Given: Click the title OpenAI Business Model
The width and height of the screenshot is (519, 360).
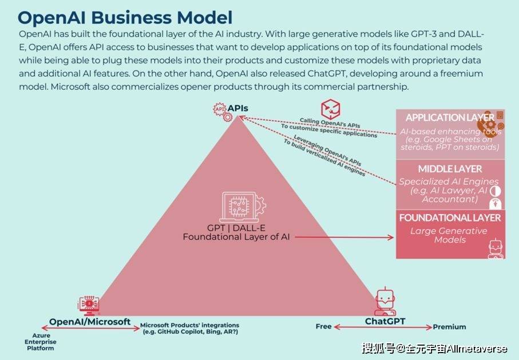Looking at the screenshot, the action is tap(125, 18).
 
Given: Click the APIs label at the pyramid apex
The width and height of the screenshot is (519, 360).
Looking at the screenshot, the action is tap(237, 108).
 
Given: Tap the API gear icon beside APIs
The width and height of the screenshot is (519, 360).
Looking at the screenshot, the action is tap(223, 112).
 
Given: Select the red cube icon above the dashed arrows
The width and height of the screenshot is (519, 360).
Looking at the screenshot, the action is tap(330, 110).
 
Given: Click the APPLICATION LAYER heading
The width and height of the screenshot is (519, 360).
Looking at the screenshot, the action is tap(450, 117).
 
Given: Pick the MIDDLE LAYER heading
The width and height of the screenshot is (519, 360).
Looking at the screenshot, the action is tap(450, 169).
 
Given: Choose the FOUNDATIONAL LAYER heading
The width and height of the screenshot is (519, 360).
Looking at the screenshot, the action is tap(450, 218).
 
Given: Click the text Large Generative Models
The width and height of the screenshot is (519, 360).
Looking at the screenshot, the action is tap(449, 235).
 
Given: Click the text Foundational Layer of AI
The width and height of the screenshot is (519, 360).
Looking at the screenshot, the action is tap(236, 237).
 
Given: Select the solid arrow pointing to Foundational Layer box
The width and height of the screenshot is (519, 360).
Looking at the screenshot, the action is tap(344, 237).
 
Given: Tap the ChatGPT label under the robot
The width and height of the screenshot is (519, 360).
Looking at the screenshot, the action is tap(385, 321).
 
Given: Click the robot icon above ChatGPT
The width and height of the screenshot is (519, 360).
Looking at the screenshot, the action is tap(385, 302).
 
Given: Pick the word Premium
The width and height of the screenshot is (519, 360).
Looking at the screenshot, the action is tap(450, 327).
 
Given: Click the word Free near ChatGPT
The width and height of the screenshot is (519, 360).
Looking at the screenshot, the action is tap(323, 326).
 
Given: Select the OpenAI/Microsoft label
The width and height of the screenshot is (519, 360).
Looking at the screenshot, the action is tap(90, 322).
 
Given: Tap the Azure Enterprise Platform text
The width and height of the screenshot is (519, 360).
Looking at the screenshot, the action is tap(41, 342).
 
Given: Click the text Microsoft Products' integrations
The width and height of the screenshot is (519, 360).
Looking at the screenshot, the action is tap(189, 325).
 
